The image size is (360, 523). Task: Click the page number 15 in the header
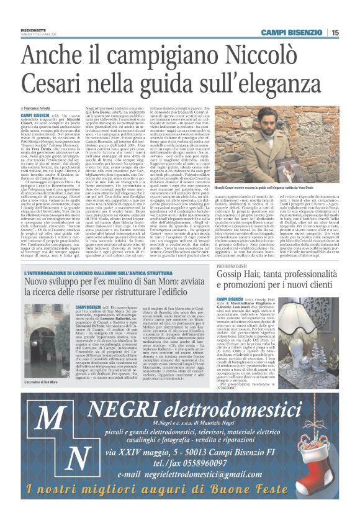pos(334,33)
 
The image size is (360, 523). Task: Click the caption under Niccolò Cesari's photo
pos(284,187)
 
